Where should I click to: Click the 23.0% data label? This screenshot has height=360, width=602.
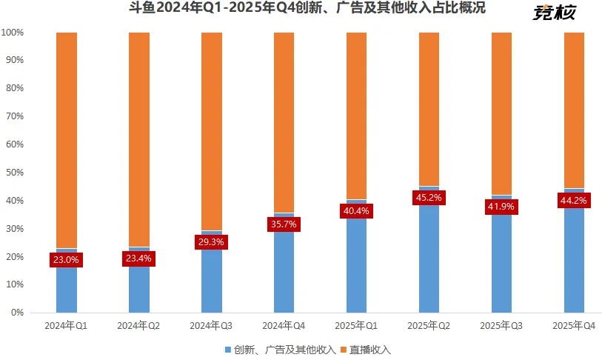(66, 259)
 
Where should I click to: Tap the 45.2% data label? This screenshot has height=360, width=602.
(429, 198)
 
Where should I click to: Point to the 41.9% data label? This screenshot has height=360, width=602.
(502, 207)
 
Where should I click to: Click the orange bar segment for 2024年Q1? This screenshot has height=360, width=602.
(67, 141)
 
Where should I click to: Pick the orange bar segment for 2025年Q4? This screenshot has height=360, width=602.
(575, 111)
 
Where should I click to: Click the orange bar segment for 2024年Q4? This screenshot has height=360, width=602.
(284, 122)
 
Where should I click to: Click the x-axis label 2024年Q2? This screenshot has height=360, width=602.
(139, 326)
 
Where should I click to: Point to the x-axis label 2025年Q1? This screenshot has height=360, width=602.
(357, 326)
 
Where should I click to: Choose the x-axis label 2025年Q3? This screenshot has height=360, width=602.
(502, 326)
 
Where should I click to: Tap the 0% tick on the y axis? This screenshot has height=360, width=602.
(17, 313)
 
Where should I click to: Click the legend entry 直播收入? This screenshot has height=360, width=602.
(369, 349)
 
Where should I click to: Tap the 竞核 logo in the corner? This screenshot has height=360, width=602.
(555, 13)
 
